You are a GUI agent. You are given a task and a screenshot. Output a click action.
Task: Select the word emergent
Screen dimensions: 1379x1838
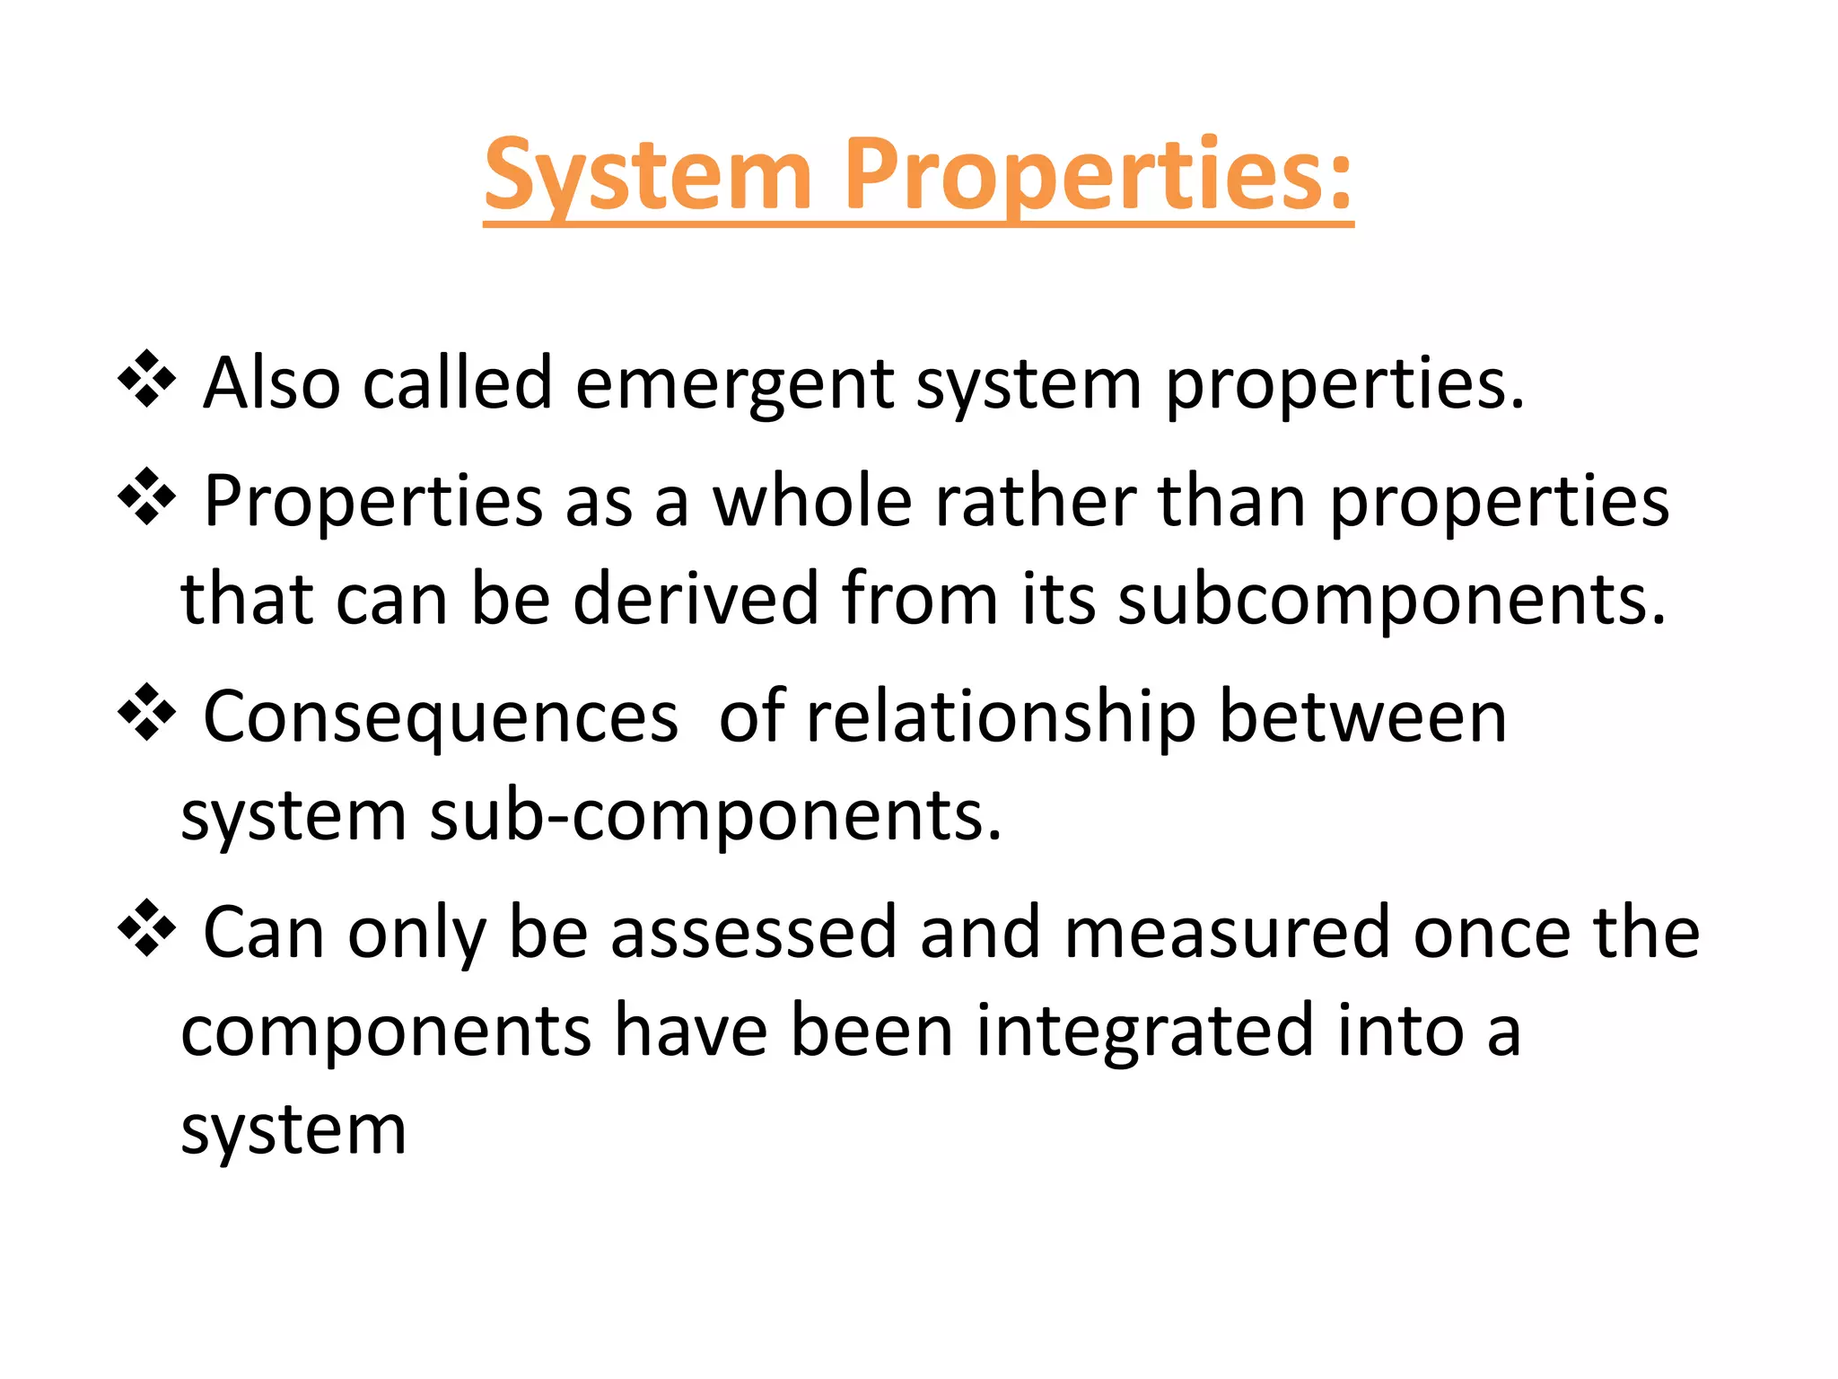734,384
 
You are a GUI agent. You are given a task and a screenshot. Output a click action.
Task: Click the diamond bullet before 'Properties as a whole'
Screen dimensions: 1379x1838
146,497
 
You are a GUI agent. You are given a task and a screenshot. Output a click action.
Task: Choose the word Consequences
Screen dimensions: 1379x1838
441,717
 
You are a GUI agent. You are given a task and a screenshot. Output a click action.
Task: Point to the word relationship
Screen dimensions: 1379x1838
1002,717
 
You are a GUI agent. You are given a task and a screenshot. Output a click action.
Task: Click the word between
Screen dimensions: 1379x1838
1363,717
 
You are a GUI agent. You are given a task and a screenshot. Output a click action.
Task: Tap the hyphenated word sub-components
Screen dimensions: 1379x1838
715,817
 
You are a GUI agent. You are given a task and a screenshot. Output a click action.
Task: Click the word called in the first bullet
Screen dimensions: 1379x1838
457,384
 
